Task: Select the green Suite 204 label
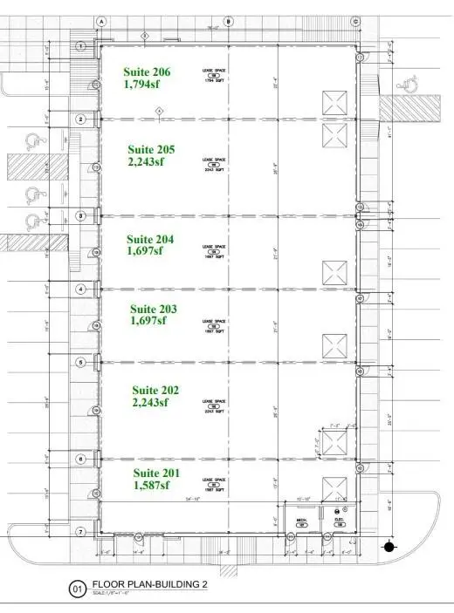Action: tap(150, 238)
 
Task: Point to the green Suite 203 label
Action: tap(154, 309)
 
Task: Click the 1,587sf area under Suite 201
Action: tap(151, 486)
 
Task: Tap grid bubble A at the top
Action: tap(101, 20)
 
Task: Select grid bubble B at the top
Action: tap(229, 20)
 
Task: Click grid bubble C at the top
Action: tap(356, 20)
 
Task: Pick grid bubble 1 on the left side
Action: tap(80, 45)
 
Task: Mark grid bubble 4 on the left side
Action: tap(80, 289)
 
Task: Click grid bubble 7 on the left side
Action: tap(80, 532)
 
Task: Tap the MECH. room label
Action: tap(302, 523)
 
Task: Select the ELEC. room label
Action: tap(339, 523)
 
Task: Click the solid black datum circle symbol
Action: tap(389, 547)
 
